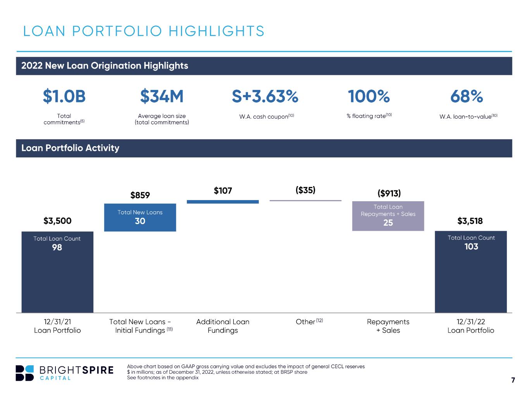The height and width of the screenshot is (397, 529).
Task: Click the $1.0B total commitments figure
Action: point(64,96)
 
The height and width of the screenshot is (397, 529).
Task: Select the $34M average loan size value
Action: point(162,96)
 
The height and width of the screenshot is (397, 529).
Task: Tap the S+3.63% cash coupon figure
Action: point(265,96)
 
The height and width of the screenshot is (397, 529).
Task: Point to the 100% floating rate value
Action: point(369,96)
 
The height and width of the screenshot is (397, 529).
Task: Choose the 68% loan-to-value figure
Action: point(467,96)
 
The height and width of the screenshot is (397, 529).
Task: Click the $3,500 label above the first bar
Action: point(57,221)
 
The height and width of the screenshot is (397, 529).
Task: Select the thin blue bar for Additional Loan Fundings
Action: point(223,202)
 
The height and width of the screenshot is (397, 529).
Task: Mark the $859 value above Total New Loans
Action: point(140,195)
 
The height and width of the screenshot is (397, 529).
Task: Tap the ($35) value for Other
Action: point(305,190)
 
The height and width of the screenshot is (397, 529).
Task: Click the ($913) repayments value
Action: point(389,193)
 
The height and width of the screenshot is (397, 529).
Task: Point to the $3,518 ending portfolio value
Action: point(470,221)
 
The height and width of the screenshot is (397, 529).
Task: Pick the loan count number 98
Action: point(57,247)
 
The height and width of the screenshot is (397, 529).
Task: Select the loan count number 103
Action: point(471,247)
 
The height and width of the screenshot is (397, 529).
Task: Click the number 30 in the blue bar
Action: point(140,221)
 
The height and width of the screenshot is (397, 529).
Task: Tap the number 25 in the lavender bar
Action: point(388,223)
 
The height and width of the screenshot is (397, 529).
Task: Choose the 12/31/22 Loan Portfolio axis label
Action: point(471,326)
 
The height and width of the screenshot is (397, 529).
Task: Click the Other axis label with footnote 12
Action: point(309,321)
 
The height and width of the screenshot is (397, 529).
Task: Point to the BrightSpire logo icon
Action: point(24,373)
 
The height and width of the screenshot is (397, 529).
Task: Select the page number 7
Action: point(513,380)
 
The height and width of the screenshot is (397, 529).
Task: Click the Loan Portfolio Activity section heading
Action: point(70,148)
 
